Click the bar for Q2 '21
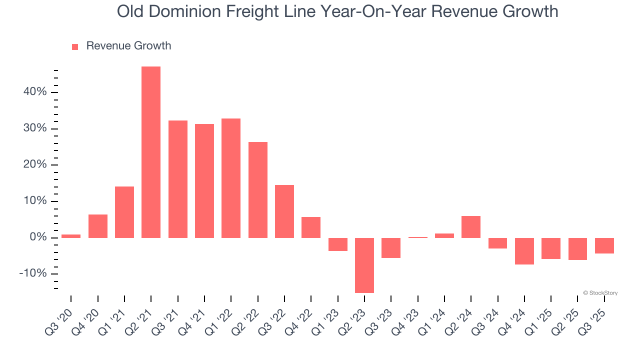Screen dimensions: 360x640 [x=151, y=152]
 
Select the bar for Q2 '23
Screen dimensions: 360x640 [x=364, y=265]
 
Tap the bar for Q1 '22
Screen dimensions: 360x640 [x=231, y=178]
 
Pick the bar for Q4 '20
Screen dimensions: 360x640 [x=98, y=226]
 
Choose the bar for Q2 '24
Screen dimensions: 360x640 [x=471, y=226]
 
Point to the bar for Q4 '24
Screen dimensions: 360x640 [x=524, y=251]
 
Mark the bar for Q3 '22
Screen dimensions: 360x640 [x=284, y=211]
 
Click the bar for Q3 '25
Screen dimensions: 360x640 [x=604, y=245]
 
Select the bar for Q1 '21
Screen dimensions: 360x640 [x=124, y=212]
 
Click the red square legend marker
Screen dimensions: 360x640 [x=75, y=47]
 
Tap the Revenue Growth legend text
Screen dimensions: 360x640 [x=128, y=46]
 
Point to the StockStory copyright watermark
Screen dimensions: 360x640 [x=600, y=293]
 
